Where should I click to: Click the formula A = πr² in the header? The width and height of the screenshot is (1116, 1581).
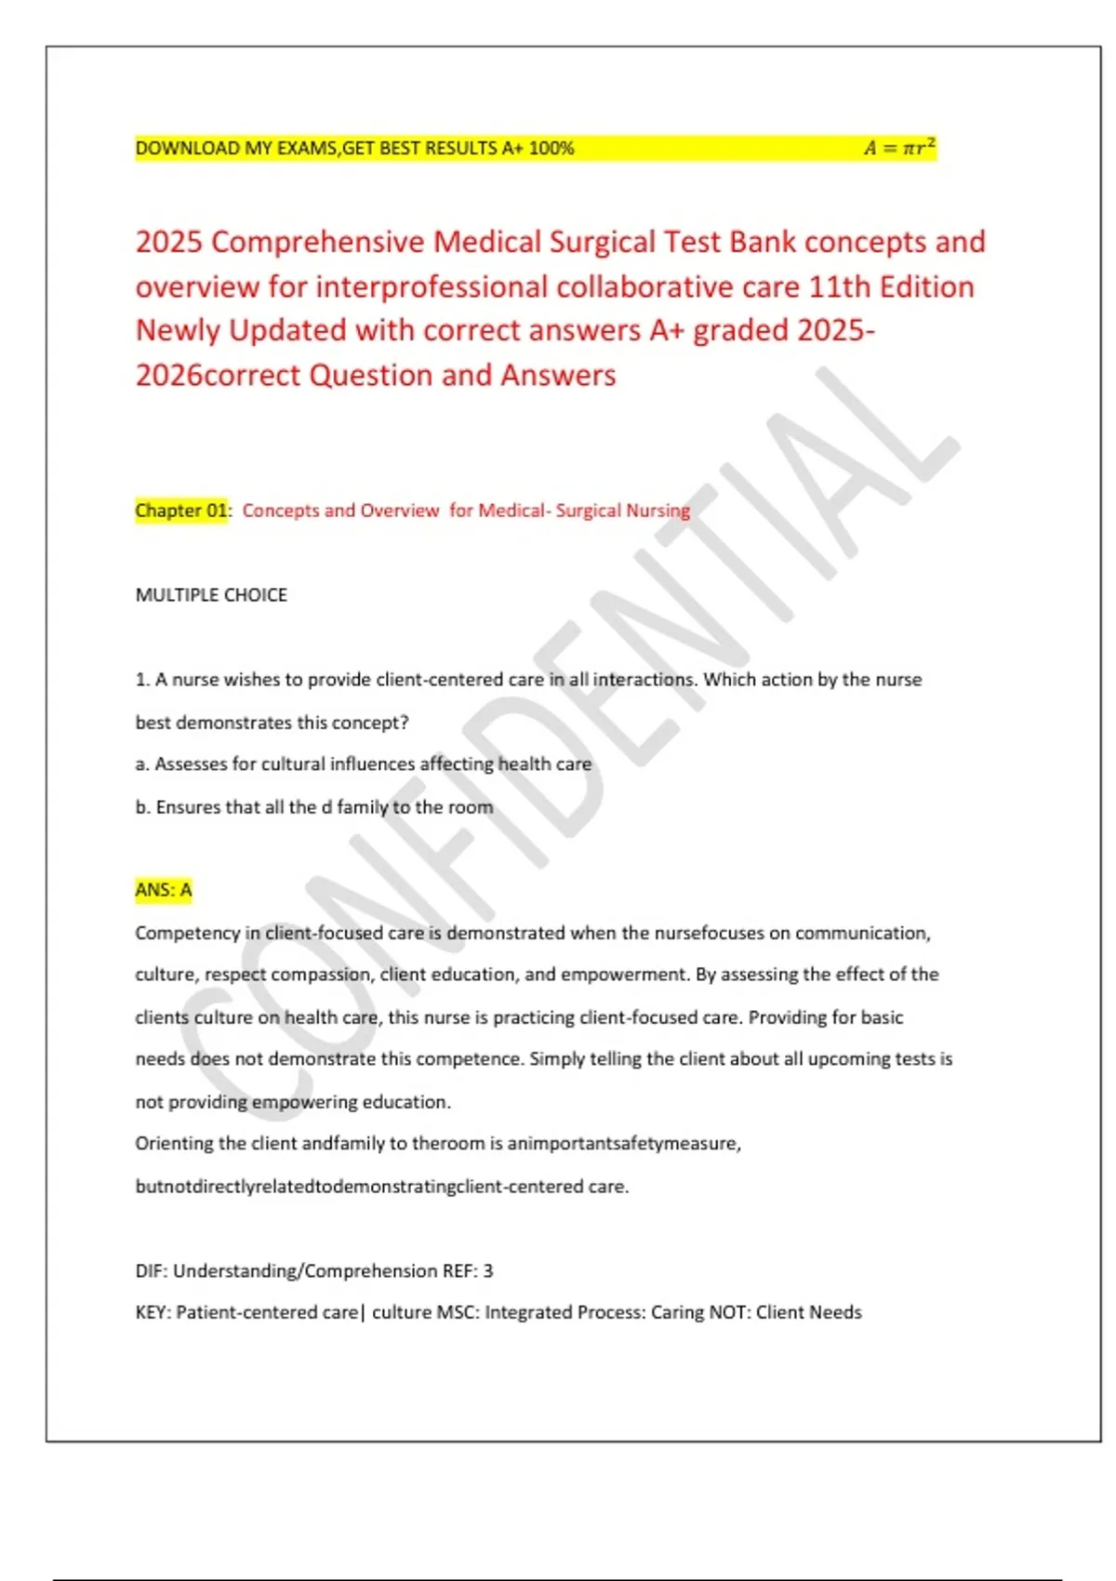coord(898,148)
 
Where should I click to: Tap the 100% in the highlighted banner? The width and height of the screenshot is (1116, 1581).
coord(551,148)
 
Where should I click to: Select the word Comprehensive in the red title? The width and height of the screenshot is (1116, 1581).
coord(317,242)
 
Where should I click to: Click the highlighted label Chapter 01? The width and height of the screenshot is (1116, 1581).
coord(181,511)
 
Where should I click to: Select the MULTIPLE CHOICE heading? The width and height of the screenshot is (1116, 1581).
coord(211,595)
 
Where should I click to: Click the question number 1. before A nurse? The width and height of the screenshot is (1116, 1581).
coord(142,680)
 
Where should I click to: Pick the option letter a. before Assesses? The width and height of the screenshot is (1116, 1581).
coord(142,764)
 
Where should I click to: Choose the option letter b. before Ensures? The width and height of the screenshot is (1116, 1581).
coord(143,807)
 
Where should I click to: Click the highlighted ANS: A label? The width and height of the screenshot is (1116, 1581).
coord(164,890)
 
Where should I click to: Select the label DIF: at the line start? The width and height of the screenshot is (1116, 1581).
coord(152,1270)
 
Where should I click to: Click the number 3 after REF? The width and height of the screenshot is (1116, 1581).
coord(488,1270)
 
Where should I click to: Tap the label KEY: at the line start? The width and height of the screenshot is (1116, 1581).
coord(153,1312)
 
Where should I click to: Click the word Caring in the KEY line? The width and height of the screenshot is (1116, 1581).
coord(677,1312)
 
